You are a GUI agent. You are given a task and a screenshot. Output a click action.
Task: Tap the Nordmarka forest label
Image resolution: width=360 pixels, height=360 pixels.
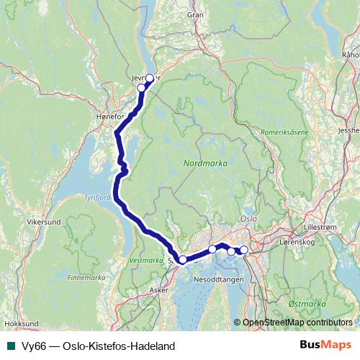pos(206,163)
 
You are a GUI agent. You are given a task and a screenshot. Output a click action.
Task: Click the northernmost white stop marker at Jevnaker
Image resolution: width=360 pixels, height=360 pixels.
pos(150,78)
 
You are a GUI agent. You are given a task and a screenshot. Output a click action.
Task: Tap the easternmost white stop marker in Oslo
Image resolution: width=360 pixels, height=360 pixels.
pos(243,250)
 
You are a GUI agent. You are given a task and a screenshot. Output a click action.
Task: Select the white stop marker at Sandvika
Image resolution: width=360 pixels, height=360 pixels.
pos(183,259)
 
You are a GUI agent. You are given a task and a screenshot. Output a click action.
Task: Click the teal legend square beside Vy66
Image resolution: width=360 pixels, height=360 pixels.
pos(10,346)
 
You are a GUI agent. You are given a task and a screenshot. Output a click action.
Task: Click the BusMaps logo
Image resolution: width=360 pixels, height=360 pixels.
pos(325,346)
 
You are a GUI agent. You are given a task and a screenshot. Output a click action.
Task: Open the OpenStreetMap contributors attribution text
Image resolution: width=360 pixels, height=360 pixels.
pos(296,323)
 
